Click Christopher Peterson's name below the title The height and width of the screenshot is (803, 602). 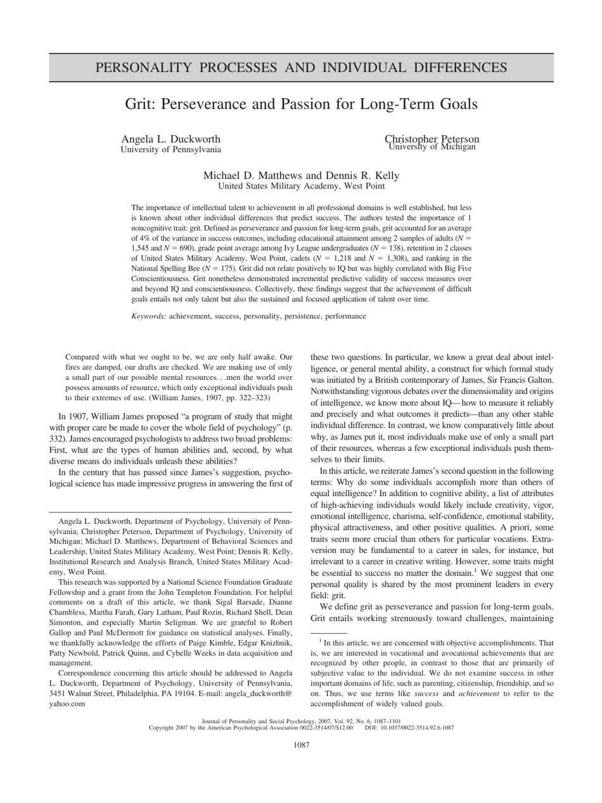pos(432,140)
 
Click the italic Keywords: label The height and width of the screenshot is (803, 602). pos(149,316)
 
